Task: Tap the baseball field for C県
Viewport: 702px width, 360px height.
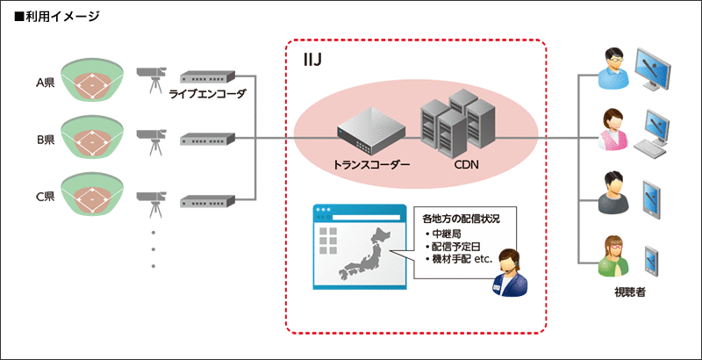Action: coord(93,195)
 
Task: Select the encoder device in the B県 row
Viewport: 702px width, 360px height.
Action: coord(208,138)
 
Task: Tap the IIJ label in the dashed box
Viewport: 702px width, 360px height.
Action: coord(312,59)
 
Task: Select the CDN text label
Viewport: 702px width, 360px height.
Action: coord(467,163)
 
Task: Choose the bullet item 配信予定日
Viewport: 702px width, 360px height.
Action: coord(460,248)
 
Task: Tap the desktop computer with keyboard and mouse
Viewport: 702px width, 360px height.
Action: coord(663,133)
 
